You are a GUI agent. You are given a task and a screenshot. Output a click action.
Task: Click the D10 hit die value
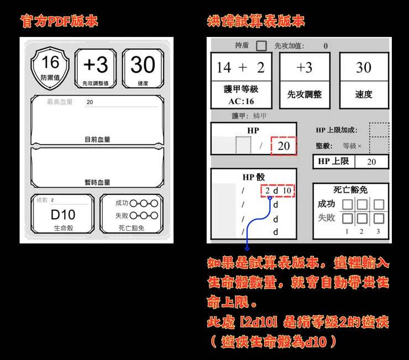point(62,214)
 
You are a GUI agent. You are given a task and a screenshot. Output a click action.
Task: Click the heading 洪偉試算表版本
point(255,22)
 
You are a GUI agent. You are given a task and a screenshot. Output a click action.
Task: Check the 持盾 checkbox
point(261,46)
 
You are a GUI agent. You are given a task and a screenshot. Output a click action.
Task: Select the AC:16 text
point(241,102)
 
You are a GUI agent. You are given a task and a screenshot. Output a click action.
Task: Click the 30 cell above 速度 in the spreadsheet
point(363,68)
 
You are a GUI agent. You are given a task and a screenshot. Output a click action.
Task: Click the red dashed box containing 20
point(284,146)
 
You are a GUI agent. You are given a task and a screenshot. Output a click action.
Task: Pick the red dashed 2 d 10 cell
point(277,190)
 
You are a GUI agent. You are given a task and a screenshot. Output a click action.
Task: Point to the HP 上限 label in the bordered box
point(333,161)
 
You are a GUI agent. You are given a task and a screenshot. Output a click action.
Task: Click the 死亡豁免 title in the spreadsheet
point(350,189)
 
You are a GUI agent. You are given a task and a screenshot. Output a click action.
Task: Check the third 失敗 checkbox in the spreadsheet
point(379,218)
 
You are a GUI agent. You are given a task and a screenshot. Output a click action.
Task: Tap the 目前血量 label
point(97,140)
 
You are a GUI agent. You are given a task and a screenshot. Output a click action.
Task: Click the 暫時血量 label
point(97,182)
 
